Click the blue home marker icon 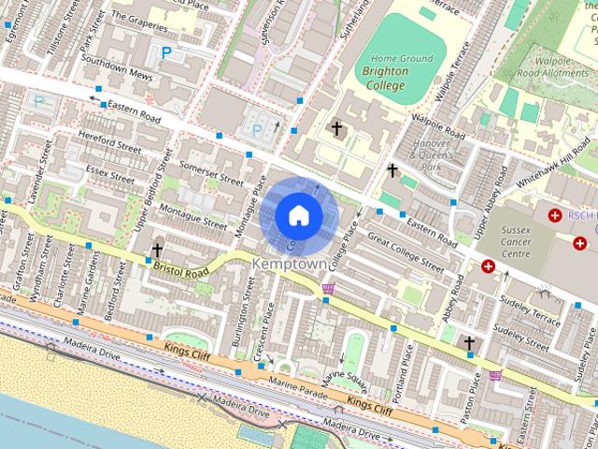297,215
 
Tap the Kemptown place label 290,265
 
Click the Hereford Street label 109,140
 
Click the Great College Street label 405,253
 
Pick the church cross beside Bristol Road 156,251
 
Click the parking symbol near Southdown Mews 166,53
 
